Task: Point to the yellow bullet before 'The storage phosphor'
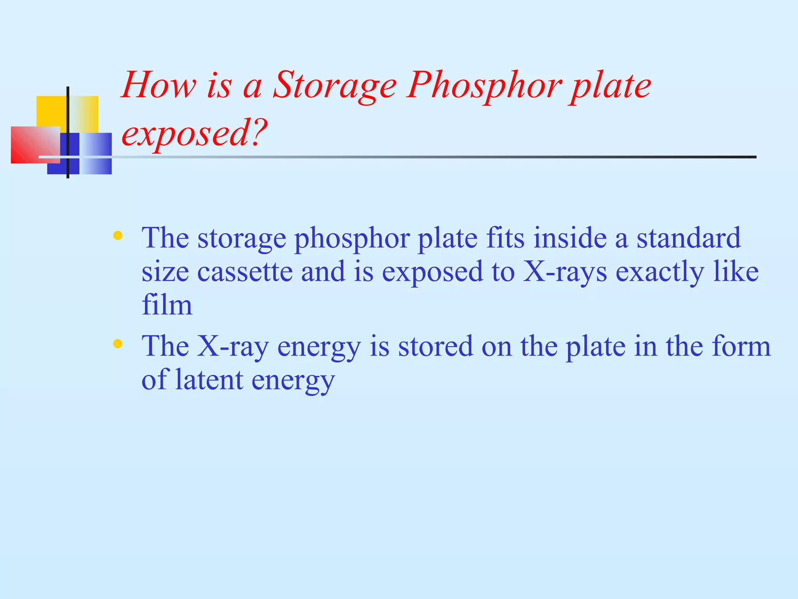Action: tap(118, 236)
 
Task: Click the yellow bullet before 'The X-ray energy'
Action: tap(118, 344)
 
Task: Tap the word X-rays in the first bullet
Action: tap(564, 272)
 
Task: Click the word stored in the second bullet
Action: tap(435, 346)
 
